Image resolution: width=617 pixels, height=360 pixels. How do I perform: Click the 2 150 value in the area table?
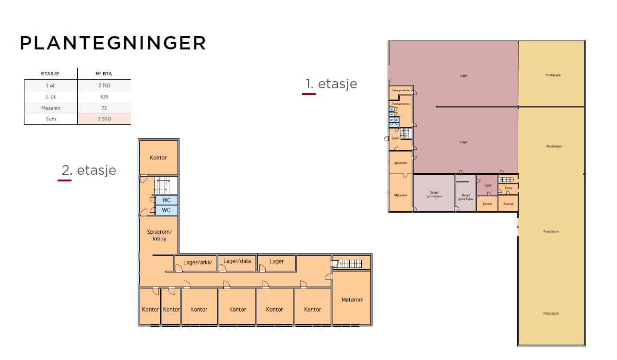click(104, 85)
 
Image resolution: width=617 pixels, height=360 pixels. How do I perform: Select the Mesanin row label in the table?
click(50, 108)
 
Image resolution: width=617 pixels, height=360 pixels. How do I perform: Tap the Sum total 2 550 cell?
click(104, 119)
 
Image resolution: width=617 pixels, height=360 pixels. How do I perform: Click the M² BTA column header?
click(104, 74)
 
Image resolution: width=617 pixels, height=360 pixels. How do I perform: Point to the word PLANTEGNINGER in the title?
click(113, 43)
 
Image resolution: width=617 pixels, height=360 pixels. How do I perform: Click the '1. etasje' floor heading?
click(331, 84)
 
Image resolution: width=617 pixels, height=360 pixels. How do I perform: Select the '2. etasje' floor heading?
click(89, 170)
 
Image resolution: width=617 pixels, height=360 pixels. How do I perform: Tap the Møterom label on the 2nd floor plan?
click(352, 300)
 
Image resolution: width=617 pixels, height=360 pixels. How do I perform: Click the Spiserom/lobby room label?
click(159, 235)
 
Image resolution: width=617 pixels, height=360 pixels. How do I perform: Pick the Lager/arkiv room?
click(197, 262)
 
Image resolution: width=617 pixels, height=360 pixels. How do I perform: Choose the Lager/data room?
click(237, 262)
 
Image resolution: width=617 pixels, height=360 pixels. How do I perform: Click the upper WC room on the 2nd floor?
click(166, 200)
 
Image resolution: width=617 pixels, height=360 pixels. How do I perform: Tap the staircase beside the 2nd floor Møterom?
click(351, 263)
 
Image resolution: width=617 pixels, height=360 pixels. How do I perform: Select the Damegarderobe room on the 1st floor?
click(400, 90)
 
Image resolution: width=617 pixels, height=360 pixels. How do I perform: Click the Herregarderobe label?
click(401, 104)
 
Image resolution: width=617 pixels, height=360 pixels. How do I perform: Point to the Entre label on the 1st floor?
click(395, 138)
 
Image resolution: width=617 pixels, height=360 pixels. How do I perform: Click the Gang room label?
click(509, 188)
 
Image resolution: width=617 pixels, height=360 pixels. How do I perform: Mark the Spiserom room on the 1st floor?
click(400, 163)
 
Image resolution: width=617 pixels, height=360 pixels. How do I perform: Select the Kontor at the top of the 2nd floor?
click(158, 157)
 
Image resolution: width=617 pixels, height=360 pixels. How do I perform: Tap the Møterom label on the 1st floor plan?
click(400, 195)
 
